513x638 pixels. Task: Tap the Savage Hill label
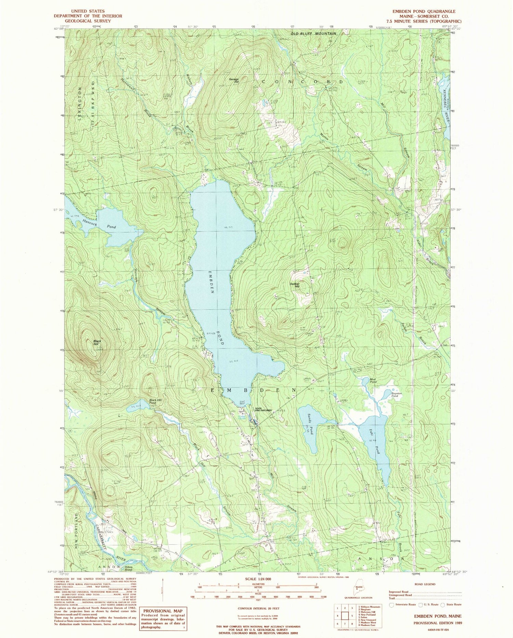pyautogui.click(x=234, y=80)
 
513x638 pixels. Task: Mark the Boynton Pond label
pyautogui.click(x=397, y=395)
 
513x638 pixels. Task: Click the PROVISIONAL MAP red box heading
pyautogui.click(x=163, y=611)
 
